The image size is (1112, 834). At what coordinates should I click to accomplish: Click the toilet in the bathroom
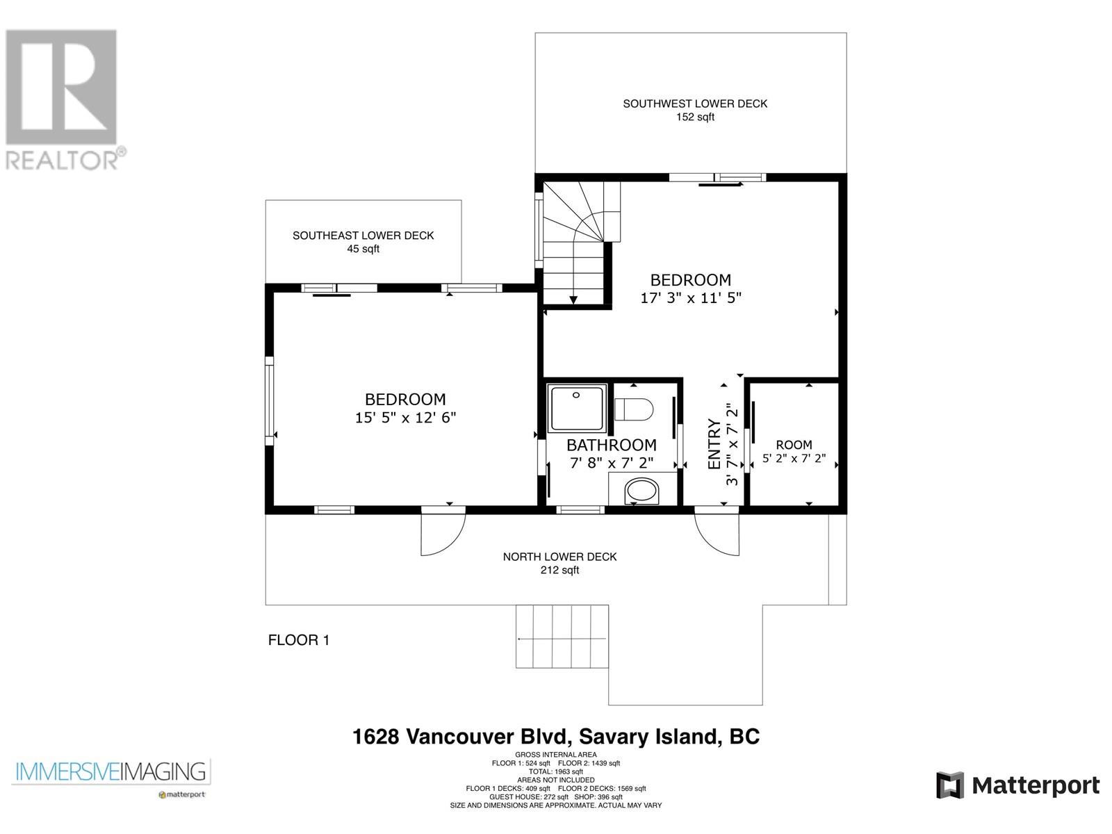coord(633,409)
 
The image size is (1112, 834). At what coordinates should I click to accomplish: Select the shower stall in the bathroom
coord(577,408)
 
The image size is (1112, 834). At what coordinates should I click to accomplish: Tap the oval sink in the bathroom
coord(641,491)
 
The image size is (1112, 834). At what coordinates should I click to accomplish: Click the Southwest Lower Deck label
coord(694,110)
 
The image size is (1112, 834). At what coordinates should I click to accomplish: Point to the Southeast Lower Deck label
coord(363,242)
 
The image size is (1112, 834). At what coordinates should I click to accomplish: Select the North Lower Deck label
coord(559,563)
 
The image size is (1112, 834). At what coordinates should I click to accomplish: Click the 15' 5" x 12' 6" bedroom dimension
coord(405,418)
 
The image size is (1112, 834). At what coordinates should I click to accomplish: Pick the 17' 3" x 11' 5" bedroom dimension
coord(691,297)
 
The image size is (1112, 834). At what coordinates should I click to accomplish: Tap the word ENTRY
coord(714,444)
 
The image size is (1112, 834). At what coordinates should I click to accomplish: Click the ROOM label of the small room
coord(794,445)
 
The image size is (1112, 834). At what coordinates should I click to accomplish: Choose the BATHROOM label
coord(612,445)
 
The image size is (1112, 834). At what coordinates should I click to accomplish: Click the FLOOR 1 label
coord(298,640)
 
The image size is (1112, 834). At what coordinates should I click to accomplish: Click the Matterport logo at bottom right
coord(1017,785)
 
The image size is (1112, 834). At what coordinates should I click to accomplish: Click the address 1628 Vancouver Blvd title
coord(556,737)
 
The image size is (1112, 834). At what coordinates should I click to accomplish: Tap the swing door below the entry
coord(717,534)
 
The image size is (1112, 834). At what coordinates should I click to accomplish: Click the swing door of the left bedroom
coord(443,534)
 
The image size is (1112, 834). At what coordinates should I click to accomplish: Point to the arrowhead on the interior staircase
coord(573,300)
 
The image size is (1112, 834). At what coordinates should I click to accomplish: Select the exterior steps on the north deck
coord(562,637)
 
